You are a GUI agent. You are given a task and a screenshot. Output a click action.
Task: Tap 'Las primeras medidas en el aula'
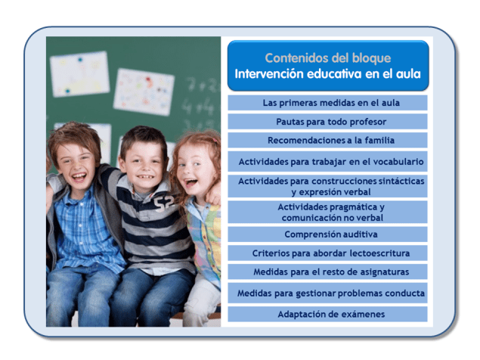click(327, 103)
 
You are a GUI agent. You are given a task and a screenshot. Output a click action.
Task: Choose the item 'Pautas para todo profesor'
click(327, 121)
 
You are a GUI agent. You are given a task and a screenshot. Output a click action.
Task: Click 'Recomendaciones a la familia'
click(327, 140)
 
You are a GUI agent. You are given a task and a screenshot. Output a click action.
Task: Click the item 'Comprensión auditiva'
click(327, 234)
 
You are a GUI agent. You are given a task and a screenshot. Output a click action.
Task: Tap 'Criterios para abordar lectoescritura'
click(327, 253)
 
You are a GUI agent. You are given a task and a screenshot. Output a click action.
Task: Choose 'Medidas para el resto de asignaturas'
click(327, 272)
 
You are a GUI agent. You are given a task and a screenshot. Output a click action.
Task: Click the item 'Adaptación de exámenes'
click(327, 314)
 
